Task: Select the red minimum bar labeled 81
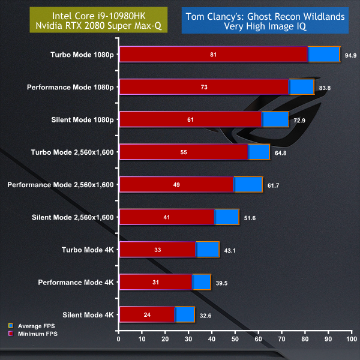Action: pyautogui.click(x=213, y=55)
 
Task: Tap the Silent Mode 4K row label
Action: pyautogui.click(x=88, y=314)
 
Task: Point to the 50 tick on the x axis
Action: pyautogui.click(x=235, y=340)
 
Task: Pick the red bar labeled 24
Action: pyautogui.click(x=147, y=314)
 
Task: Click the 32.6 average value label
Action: pyautogui.click(x=205, y=314)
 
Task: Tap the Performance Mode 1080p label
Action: pyautogui.click(x=70, y=87)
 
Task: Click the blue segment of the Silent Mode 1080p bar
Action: pyautogui.click(x=275, y=119)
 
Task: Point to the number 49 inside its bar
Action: pyautogui.click(x=176, y=185)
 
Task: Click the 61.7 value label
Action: pyautogui.click(x=273, y=185)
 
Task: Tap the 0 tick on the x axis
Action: pyautogui.click(x=119, y=340)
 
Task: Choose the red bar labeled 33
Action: pyautogui.click(x=157, y=250)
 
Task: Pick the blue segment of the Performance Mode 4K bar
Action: pyautogui.click(x=202, y=282)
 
